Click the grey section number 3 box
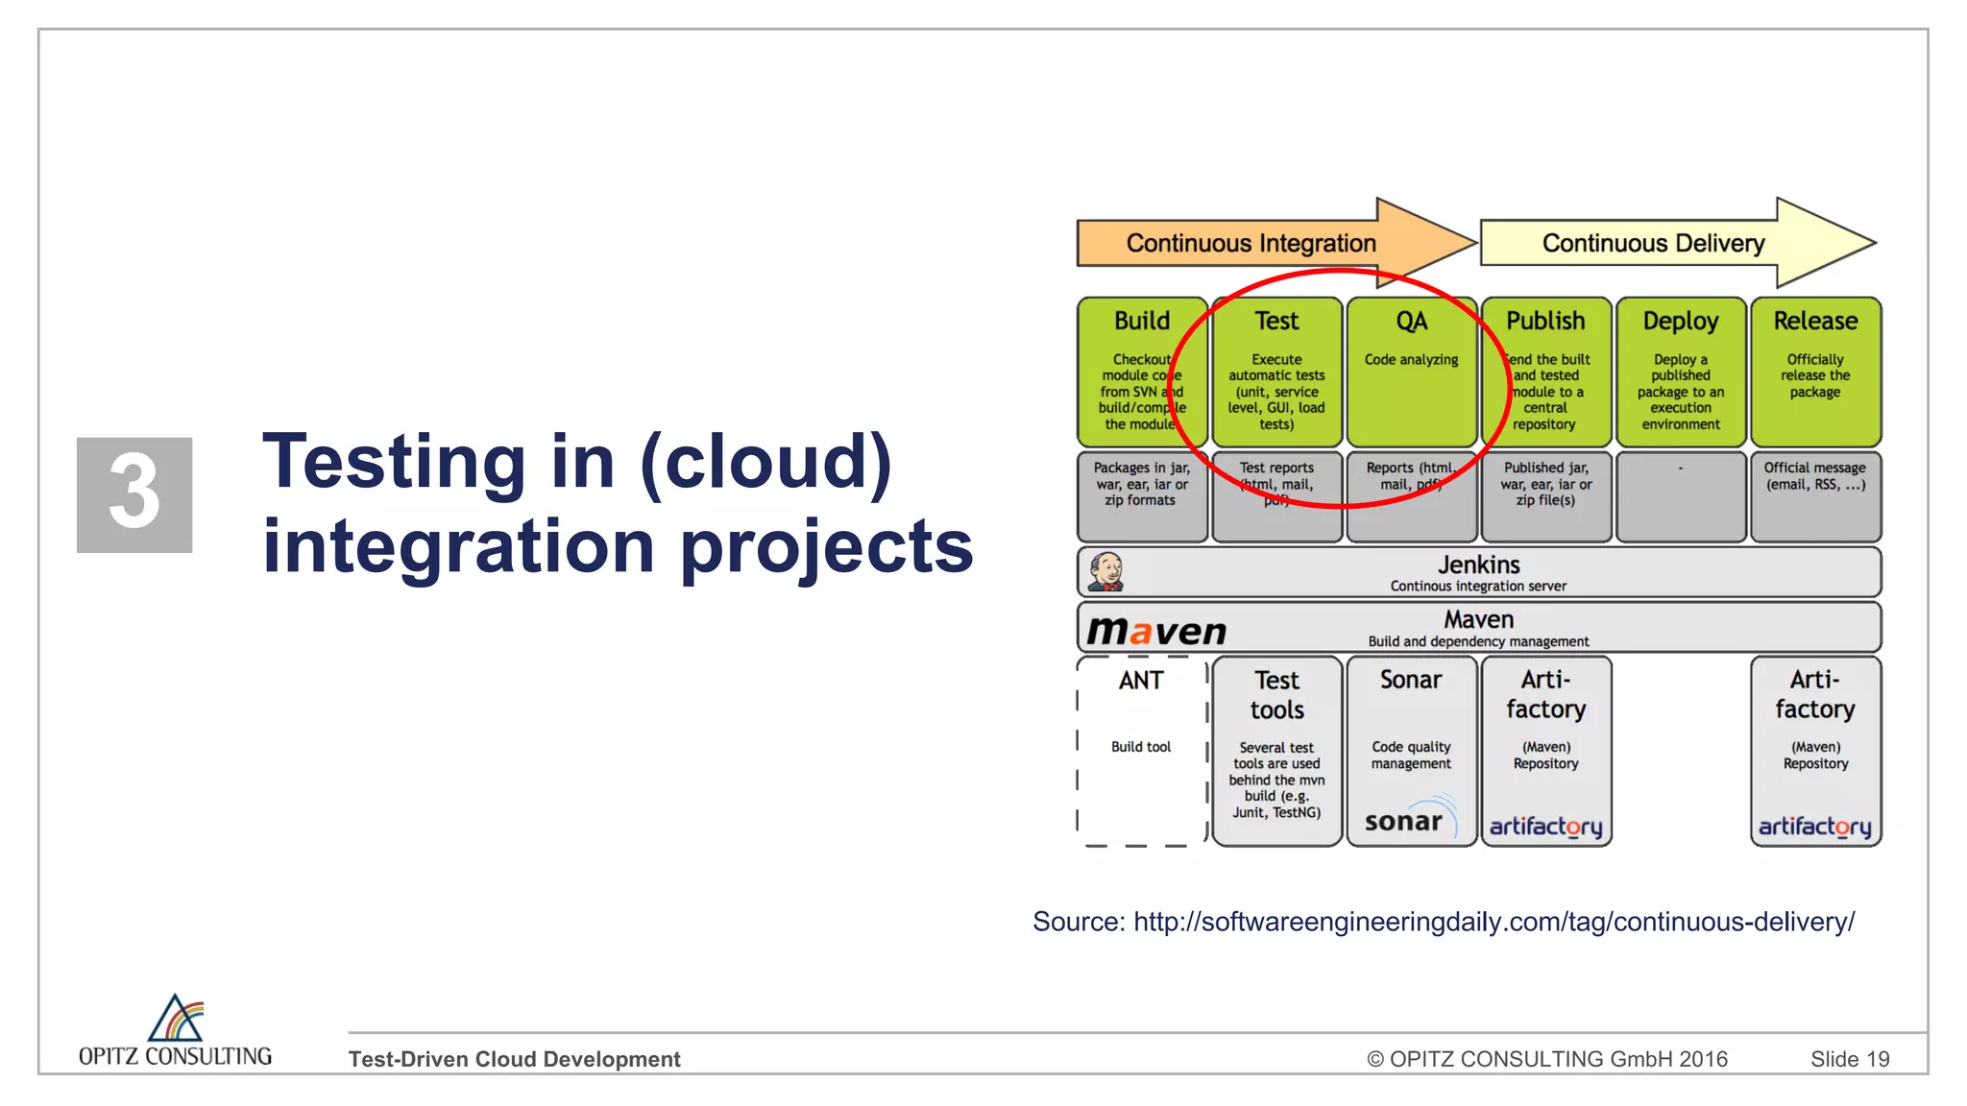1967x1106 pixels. click(134, 494)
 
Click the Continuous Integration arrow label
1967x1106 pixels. click(1251, 243)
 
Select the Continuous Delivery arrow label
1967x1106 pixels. click(1653, 243)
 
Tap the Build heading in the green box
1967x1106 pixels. click(1141, 321)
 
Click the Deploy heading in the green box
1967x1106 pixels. click(1680, 321)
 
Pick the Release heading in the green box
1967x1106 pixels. click(1814, 321)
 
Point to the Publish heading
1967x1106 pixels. click(1545, 321)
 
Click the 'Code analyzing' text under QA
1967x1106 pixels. click(1411, 360)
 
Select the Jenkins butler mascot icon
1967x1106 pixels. click(1105, 572)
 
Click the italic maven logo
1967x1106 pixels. click(1156, 631)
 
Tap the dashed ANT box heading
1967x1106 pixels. click(1141, 681)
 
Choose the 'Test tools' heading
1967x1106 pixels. click(1276, 695)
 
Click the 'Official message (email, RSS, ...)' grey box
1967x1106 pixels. click(1814, 495)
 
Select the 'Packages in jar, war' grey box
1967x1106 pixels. click(1141, 495)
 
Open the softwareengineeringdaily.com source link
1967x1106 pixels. click(1493, 922)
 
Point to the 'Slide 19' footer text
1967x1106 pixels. click(1849, 1059)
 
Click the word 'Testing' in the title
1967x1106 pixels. click(394, 463)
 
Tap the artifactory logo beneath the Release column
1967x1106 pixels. click(1814, 827)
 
